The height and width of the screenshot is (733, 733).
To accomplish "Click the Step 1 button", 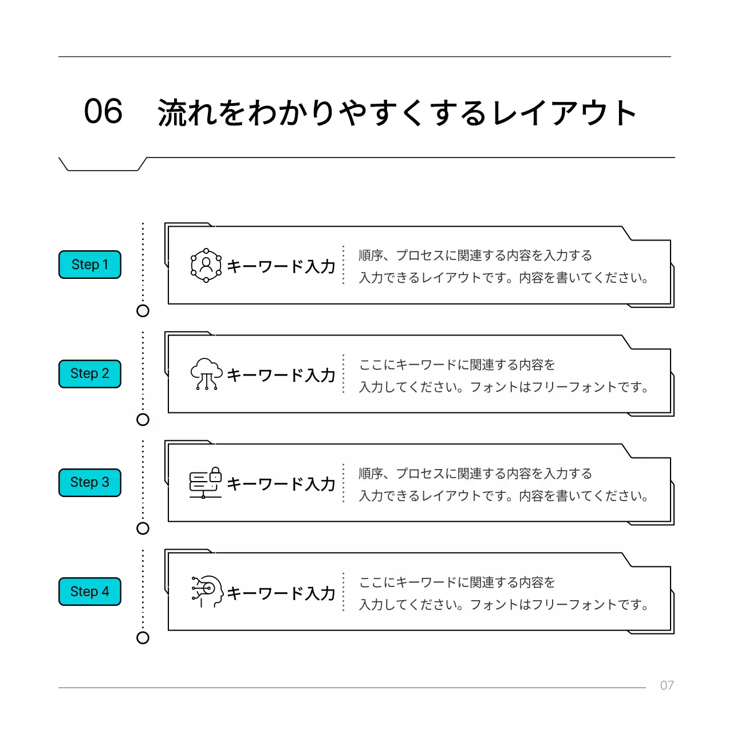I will click(90, 265).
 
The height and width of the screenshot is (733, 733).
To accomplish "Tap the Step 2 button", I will click(90, 373).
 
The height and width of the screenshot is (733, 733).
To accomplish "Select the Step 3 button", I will click(90, 482).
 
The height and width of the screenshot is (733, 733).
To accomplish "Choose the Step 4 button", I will click(90, 592).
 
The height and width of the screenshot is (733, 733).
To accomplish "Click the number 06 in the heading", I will click(103, 111).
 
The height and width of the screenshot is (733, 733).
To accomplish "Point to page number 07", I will click(667, 685).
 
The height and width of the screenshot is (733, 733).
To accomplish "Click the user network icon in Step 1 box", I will click(206, 265).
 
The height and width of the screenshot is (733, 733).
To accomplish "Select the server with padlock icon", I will click(206, 483).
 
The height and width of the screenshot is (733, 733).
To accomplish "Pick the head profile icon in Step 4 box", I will click(207, 592).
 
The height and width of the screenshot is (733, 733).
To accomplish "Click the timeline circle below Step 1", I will click(143, 311).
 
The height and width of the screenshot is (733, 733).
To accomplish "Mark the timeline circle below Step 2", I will click(143, 420).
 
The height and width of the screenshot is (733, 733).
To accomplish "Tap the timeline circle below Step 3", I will click(143, 529).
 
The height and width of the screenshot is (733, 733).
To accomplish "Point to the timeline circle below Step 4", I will click(143, 638).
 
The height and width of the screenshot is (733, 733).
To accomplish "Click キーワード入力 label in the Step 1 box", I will click(281, 266).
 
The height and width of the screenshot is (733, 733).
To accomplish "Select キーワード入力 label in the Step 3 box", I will click(281, 484).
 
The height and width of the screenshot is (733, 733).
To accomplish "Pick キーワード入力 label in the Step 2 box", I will click(281, 375).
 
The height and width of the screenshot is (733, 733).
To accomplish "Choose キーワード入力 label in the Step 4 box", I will click(281, 593).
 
